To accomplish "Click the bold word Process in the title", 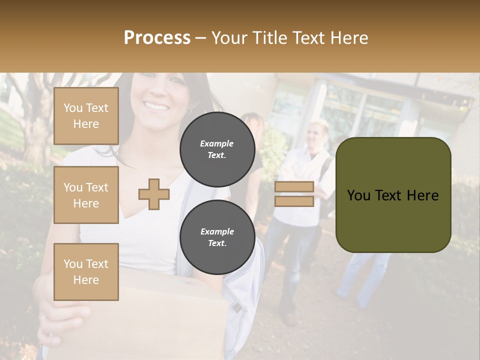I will coord(157,38).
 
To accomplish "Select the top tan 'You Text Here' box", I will coord(86,116).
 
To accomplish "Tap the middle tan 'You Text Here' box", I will coord(86,195).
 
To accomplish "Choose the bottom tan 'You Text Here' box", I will coord(86,271).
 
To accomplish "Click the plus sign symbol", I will coord(154,194).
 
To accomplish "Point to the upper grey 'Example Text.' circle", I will coord(217,149).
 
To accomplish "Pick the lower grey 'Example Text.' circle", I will coord(217,237).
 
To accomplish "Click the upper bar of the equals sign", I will coord(294,187).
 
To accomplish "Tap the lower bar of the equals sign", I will coord(294,201).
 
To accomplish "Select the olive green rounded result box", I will coord(393,195).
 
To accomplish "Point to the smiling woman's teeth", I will coord(156,106).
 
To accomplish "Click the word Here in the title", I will coord(350,38).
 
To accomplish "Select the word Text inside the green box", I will coord(393,195).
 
